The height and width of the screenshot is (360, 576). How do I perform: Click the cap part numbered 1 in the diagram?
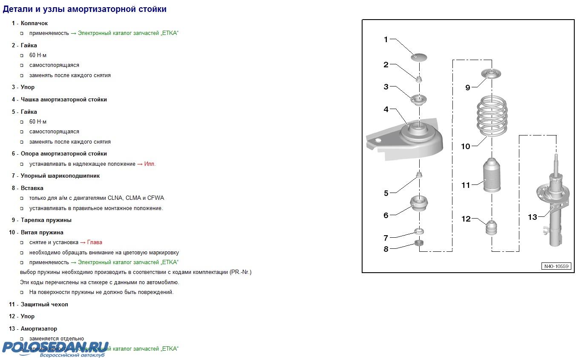(x=419, y=57)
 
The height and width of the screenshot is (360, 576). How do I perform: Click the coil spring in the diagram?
(x=492, y=116)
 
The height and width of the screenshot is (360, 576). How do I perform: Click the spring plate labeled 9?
(x=492, y=75)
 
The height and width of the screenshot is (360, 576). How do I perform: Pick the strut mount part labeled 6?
(x=419, y=205)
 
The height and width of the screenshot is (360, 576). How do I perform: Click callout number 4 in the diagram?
(x=386, y=109)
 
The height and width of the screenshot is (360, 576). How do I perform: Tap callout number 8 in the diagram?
(x=386, y=249)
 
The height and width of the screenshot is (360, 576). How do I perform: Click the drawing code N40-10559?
(x=556, y=266)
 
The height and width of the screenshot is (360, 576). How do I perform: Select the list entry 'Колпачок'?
(x=34, y=23)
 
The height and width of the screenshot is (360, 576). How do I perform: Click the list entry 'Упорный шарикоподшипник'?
(x=60, y=176)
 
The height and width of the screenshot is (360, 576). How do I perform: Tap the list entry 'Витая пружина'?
(x=42, y=232)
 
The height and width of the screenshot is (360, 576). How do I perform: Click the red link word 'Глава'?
(x=95, y=242)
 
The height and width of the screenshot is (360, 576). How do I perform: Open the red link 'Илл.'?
(x=150, y=164)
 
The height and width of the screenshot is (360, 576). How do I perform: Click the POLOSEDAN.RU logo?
(x=55, y=348)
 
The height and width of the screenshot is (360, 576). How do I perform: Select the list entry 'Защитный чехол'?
(x=44, y=304)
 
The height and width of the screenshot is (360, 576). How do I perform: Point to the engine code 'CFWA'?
(x=156, y=198)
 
